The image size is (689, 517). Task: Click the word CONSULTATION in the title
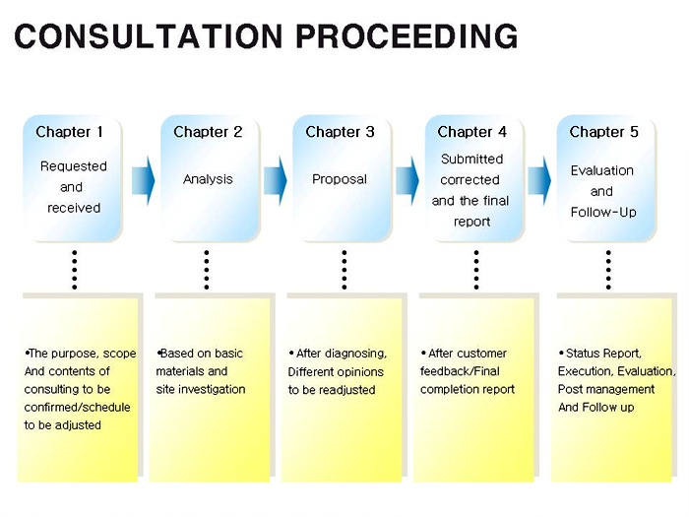pyautogui.click(x=149, y=36)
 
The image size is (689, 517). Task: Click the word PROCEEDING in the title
pyautogui.click(x=407, y=36)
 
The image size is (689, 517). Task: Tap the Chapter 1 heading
pyautogui.click(x=70, y=132)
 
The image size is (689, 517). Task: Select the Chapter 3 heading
pyautogui.click(x=341, y=132)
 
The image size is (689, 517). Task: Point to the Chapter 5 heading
pyautogui.click(x=604, y=132)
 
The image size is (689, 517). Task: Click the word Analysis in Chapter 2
pyautogui.click(x=208, y=179)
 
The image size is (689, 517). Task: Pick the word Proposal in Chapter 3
pyautogui.click(x=340, y=179)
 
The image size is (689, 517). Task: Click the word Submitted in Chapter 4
pyautogui.click(x=471, y=159)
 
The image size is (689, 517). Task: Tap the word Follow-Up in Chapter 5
pyautogui.click(x=603, y=213)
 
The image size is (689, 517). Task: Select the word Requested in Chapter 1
pyautogui.click(x=74, y=166)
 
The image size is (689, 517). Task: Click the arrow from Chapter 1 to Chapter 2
pyautogui.click(x=144, y=180)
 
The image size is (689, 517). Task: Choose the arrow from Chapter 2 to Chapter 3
pyautogui.click(x=275, y=180)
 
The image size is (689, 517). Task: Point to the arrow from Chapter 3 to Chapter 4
pyautogui.click(x=407, y=180)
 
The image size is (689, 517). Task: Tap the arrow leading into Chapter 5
pyautogui.click(x=539, y=180)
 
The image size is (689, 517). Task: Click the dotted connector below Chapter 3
pyautogui.click(x=344, y=270)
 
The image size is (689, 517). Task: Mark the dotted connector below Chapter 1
pyautogui.click(x=75, y=270)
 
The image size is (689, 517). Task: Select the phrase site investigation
pyautogui.click(x=201, y=390)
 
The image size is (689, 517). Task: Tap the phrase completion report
pyautogui.click(x=468, y=390)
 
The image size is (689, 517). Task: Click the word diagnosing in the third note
pyautogui.click(x=355, y=354)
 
